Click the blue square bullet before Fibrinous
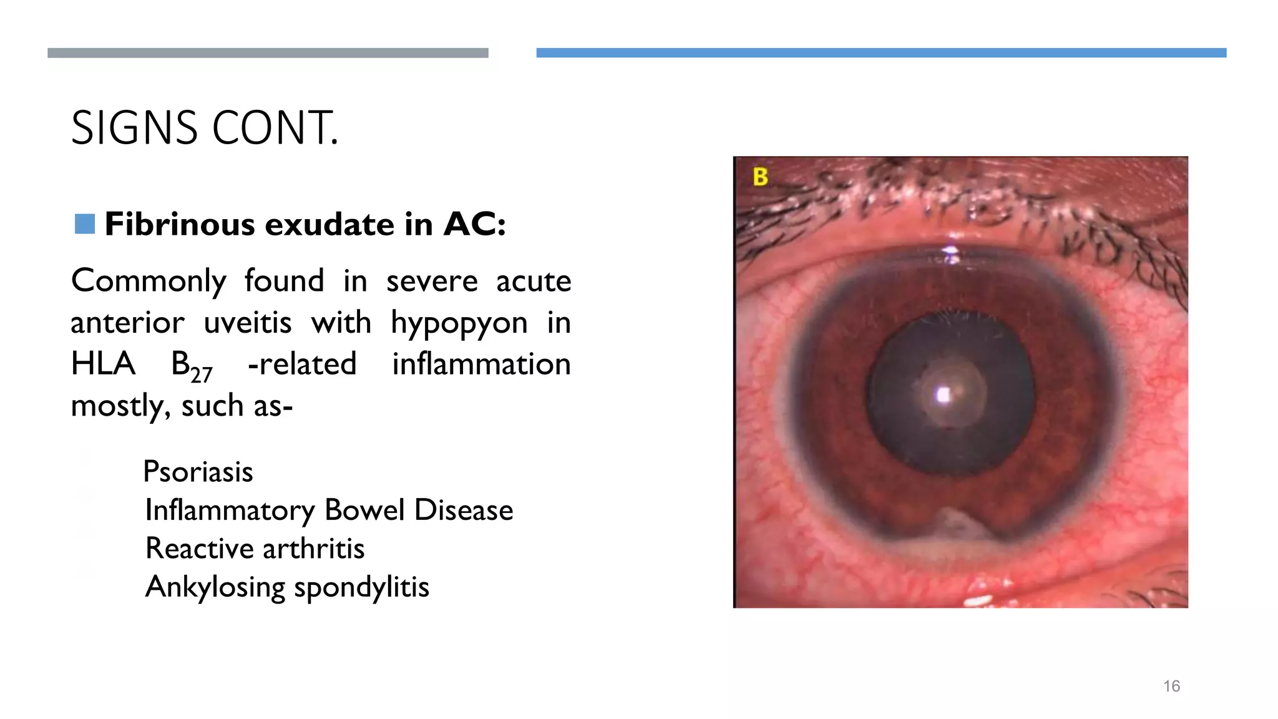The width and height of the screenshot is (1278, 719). [84, 224]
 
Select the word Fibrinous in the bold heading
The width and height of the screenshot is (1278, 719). [180, 224]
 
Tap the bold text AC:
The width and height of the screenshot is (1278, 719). [474, 224]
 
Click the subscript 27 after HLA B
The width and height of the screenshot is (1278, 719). [202, 375]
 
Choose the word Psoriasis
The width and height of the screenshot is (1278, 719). [198, 472]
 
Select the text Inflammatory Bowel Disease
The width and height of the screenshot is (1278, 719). [329, 511]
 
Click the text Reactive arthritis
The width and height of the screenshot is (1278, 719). [255, 549]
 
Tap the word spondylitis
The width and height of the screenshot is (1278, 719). [361, 587]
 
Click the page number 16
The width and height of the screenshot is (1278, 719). [1171, 687]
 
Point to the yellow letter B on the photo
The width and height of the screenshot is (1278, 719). [760, 177]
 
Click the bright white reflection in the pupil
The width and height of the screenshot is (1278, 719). [944, 395]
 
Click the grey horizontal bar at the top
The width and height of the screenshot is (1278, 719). [268, 53]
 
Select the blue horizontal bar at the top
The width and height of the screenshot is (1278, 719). [881, 53]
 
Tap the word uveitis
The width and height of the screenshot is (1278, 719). [248, 323]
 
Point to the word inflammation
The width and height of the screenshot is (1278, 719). [481, 364]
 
